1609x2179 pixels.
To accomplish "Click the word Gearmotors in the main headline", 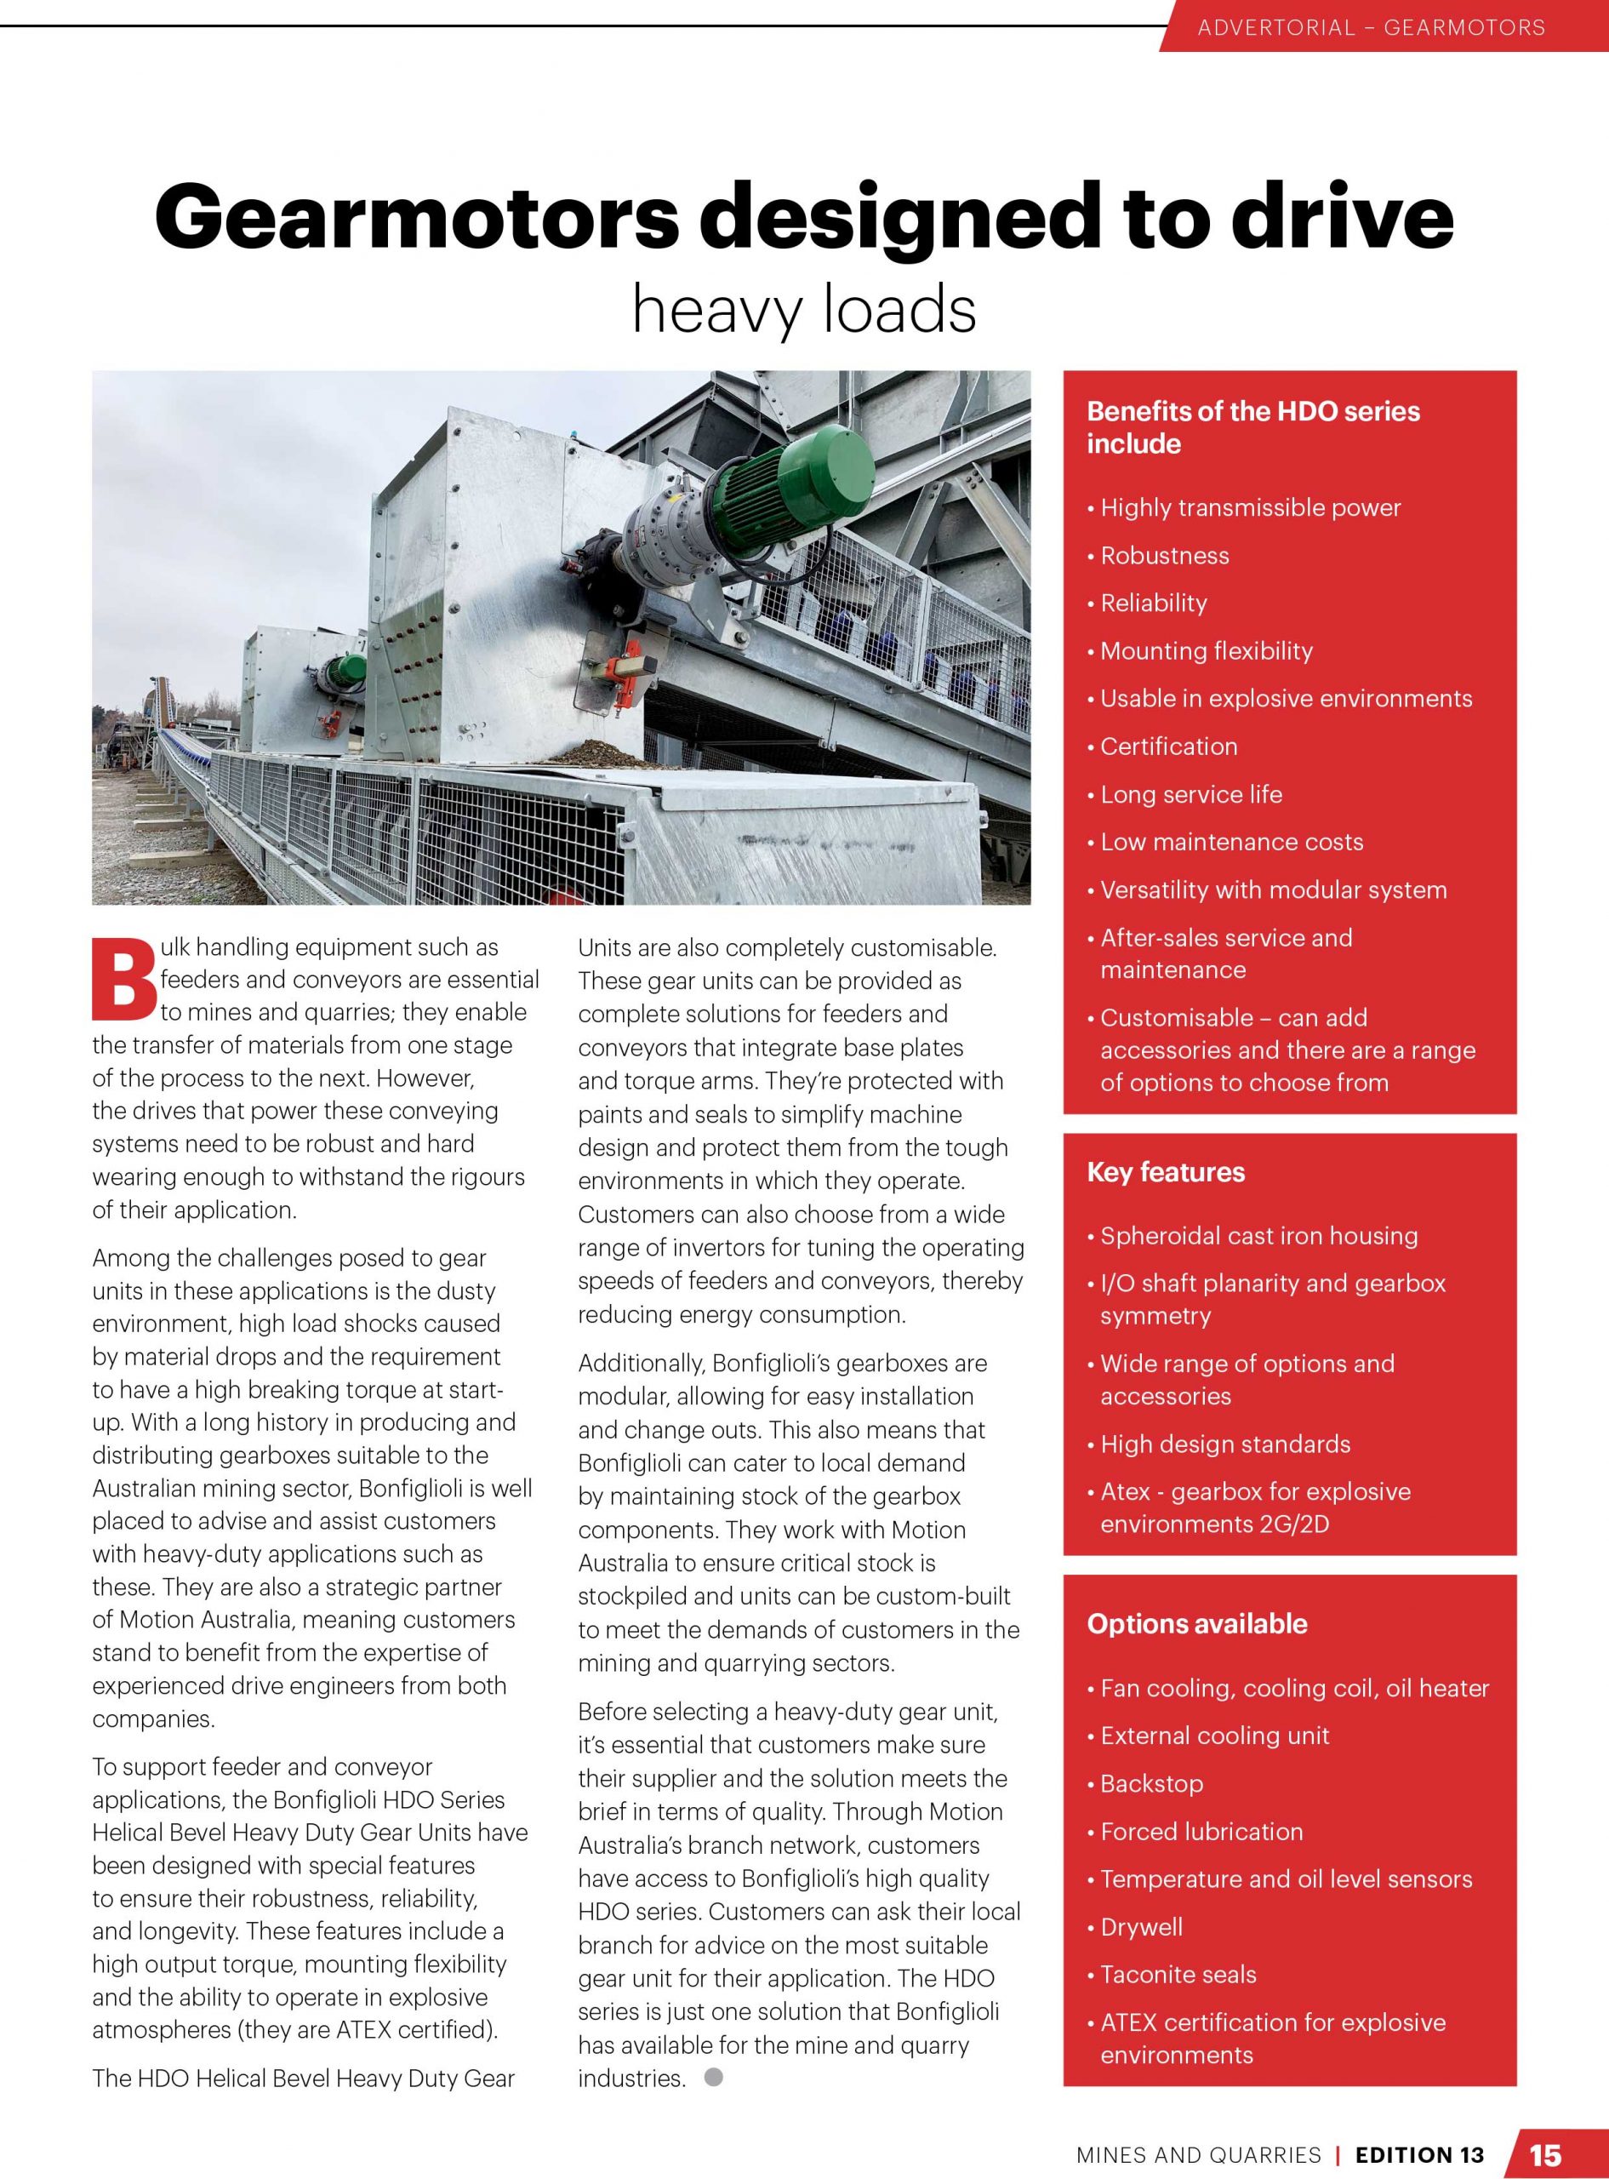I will pyautogui.click(x=416, y=216).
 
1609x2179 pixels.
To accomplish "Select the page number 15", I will pyautogui.click(x=1546, y=2153).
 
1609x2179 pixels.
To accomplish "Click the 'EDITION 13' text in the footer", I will pyautogui.click(x=1420, y=2154).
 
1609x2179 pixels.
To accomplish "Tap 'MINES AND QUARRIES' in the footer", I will pyautogui.click(x=1198, y=2154).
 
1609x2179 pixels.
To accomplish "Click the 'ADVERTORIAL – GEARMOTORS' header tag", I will pyautogui.click(x=1371, y=27).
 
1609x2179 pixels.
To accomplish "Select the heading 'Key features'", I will pyautogui.click(x=1166, y=1172).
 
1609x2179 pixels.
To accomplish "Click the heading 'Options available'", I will pyautogui.click(x=1197, y=1624).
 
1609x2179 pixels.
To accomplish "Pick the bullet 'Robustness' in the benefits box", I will pyautogui.click(x=1164, y=555).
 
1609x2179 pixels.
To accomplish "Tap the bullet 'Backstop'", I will pyautogui.click(x=1151, y=1783).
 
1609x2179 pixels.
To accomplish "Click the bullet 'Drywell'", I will pyautogui.click(x=1142, y=1927).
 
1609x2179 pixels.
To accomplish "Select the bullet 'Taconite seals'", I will pyautogui.click(x=1178, y=1975).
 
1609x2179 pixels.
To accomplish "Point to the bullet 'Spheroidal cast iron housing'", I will pyautogui.click(x=1258, y=1235).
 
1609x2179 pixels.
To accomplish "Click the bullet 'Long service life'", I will pyautogui.click(x=1190, y=794).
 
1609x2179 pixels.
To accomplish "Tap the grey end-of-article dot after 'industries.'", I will pyautogui.click(x=714, y=2078).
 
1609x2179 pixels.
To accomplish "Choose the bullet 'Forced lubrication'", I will pyautogui.click(x=1201, y=1831).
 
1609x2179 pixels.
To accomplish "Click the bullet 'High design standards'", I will pyautogui.click(x=1224, y=1444).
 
